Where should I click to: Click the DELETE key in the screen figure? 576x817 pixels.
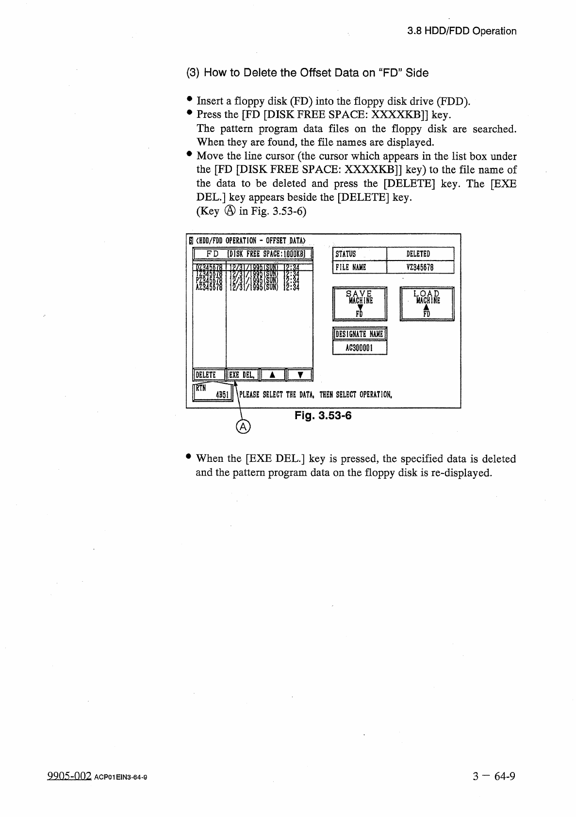point(209,375)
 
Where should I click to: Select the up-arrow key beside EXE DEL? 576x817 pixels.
point(273,375)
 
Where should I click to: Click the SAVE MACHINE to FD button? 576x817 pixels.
point(360,304)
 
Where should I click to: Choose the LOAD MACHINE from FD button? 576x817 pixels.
point(427,304)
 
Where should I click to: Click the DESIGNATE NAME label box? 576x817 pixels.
point(360,334)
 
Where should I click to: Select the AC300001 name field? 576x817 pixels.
point(360,348)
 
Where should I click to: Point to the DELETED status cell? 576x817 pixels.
point(420,254)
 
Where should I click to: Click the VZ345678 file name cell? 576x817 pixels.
point(420,267)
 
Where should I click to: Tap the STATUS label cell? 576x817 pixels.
point(360,254)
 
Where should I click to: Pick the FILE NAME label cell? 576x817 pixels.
point(360,267)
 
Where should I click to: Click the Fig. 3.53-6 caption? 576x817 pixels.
point(323,416)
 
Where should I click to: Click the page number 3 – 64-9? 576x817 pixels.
point(493,776)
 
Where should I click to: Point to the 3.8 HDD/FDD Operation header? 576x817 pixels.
point(461,31)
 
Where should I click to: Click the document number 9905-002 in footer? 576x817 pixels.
point(69,776)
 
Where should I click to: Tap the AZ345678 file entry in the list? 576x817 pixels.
point(209,287)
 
